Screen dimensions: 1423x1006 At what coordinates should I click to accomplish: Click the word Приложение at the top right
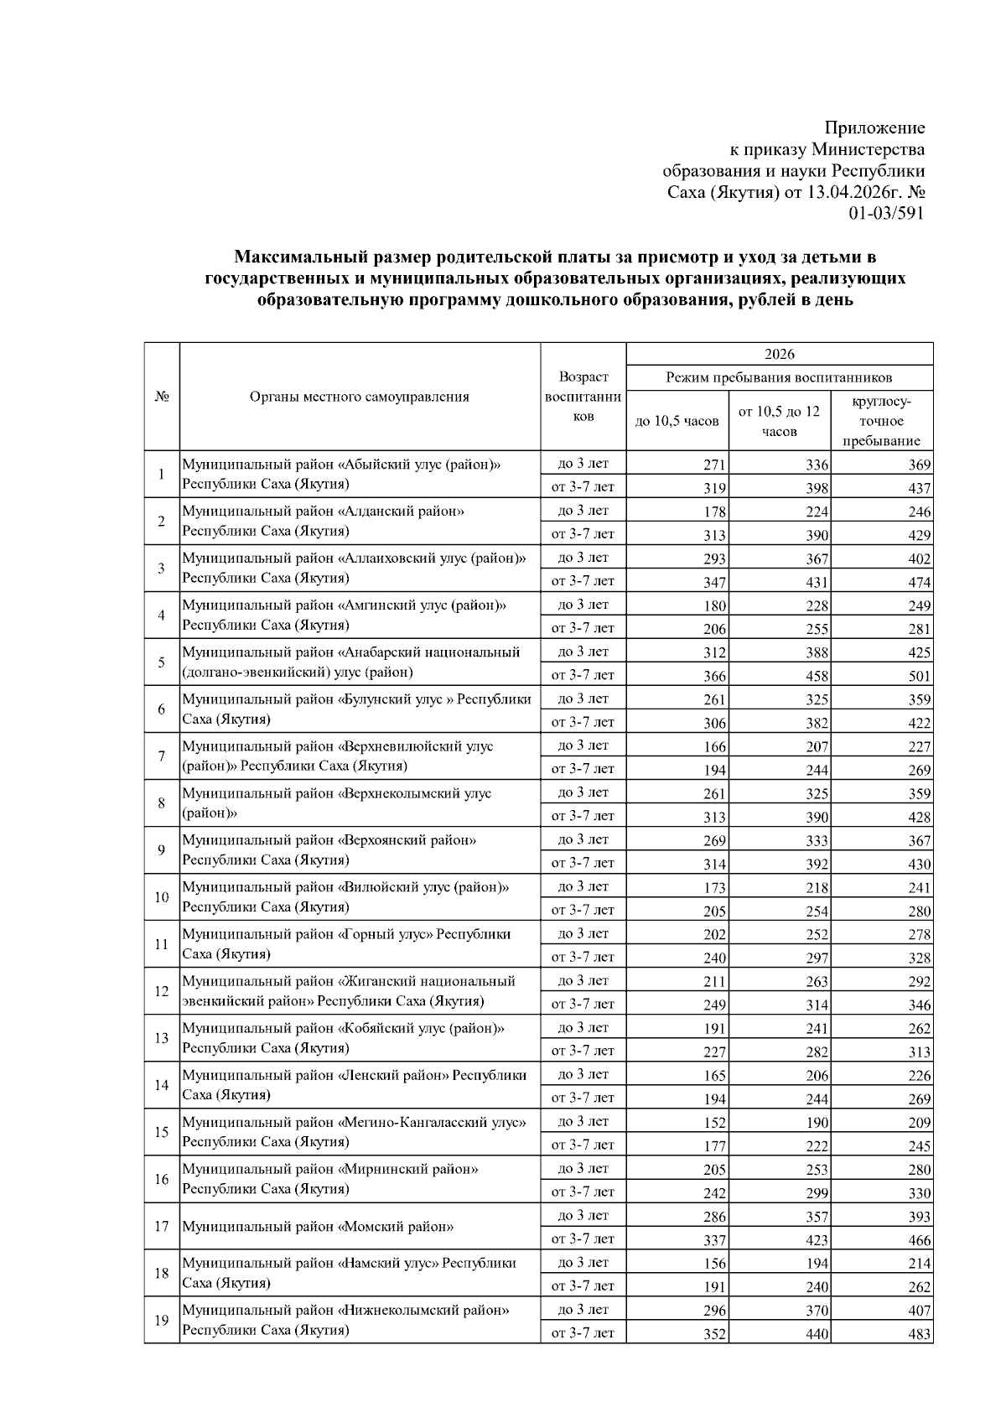[874, 127]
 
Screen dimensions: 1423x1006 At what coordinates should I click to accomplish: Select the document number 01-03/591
[886, 213]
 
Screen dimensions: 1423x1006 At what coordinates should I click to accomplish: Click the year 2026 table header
[780, 354]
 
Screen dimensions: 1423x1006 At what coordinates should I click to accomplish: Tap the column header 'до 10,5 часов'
[677, 421]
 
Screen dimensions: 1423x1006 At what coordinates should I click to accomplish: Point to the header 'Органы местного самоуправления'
[360, 397]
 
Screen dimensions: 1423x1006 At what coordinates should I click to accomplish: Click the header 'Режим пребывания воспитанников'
[780, 377]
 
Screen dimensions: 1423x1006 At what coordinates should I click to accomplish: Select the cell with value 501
[919, 676]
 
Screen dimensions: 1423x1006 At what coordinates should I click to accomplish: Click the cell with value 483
[919, 1333]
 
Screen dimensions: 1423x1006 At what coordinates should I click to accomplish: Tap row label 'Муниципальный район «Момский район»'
[318, 1227]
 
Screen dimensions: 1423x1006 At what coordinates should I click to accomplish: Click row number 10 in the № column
[161, 897]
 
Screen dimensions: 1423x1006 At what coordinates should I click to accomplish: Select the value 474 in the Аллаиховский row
[919, 582]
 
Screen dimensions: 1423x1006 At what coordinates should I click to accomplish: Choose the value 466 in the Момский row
[919, 1239]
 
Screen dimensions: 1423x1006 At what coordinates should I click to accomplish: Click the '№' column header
[161, 397]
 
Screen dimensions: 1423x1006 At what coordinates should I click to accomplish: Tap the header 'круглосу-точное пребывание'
[881, 421]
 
